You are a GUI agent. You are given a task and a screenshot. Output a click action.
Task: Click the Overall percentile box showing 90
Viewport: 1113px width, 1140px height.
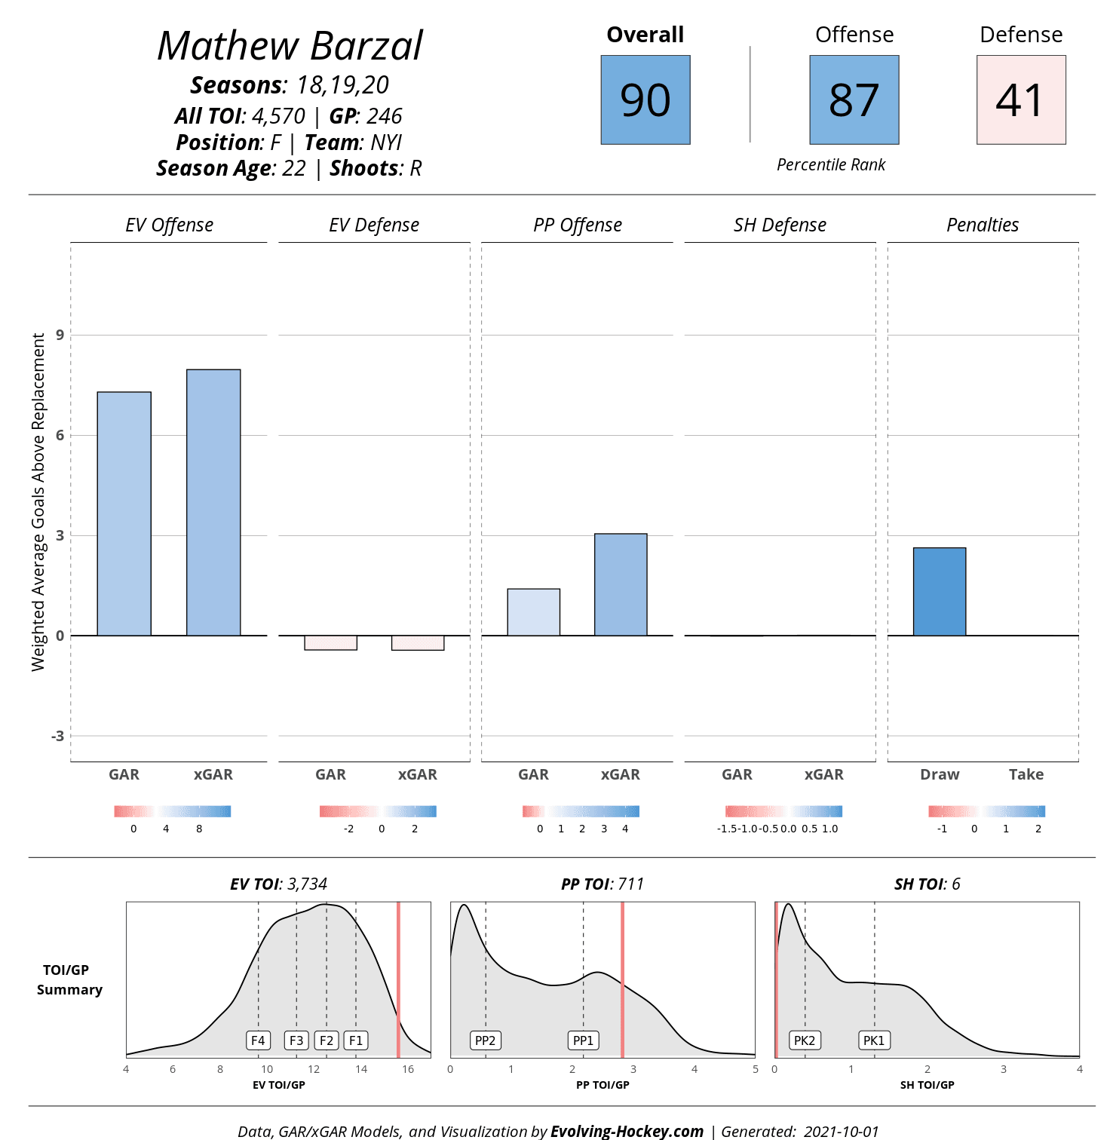(x=645, y=100)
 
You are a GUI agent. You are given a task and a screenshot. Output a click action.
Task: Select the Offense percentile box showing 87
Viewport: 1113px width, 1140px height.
(x=854, y=100)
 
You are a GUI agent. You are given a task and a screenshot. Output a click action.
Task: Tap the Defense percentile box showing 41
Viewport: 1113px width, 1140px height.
(x=1021, y=100)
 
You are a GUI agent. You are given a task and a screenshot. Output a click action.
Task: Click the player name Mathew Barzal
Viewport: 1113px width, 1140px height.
(x=290, y=46)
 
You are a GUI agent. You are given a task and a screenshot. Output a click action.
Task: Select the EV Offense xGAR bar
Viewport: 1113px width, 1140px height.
(x=213, y=502)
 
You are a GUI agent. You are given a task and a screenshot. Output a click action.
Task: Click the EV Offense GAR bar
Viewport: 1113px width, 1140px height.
(x=124, y=513)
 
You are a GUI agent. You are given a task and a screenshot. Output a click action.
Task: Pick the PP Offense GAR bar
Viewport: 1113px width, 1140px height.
(x=534, y=612)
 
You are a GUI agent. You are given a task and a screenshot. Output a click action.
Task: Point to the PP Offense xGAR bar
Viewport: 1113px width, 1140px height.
(x=621, y=584)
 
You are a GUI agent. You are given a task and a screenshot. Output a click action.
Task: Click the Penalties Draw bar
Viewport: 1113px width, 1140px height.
(x=940, y=592)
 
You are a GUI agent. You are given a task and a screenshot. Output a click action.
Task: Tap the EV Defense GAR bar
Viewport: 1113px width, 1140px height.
(x=330, y=642)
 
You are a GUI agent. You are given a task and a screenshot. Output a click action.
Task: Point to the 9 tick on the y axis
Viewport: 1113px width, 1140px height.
(x=60, y=335)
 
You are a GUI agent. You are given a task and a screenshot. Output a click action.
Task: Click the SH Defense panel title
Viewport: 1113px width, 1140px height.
(x=780, y=225)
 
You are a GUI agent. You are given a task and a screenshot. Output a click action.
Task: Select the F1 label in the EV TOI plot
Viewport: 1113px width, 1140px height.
(x=356, y=1040)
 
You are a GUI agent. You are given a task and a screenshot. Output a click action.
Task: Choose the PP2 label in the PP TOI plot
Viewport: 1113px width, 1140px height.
(x=486, y=1040)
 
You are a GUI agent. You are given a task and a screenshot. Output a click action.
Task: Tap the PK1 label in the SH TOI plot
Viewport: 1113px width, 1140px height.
(x=874, y=1040)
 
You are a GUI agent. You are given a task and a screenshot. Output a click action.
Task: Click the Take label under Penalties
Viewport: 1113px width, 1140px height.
(x=1026, y=774)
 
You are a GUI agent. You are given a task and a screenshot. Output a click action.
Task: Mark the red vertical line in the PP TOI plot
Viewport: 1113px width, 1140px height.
(x=622, y=980)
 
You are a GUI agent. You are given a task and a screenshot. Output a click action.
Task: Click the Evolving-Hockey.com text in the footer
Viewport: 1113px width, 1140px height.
(x=627, y=1131)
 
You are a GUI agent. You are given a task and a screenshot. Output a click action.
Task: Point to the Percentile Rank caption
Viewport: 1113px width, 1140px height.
(x=831, y=165)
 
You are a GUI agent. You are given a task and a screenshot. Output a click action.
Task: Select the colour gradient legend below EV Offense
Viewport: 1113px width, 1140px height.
(x=173, y=811)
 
